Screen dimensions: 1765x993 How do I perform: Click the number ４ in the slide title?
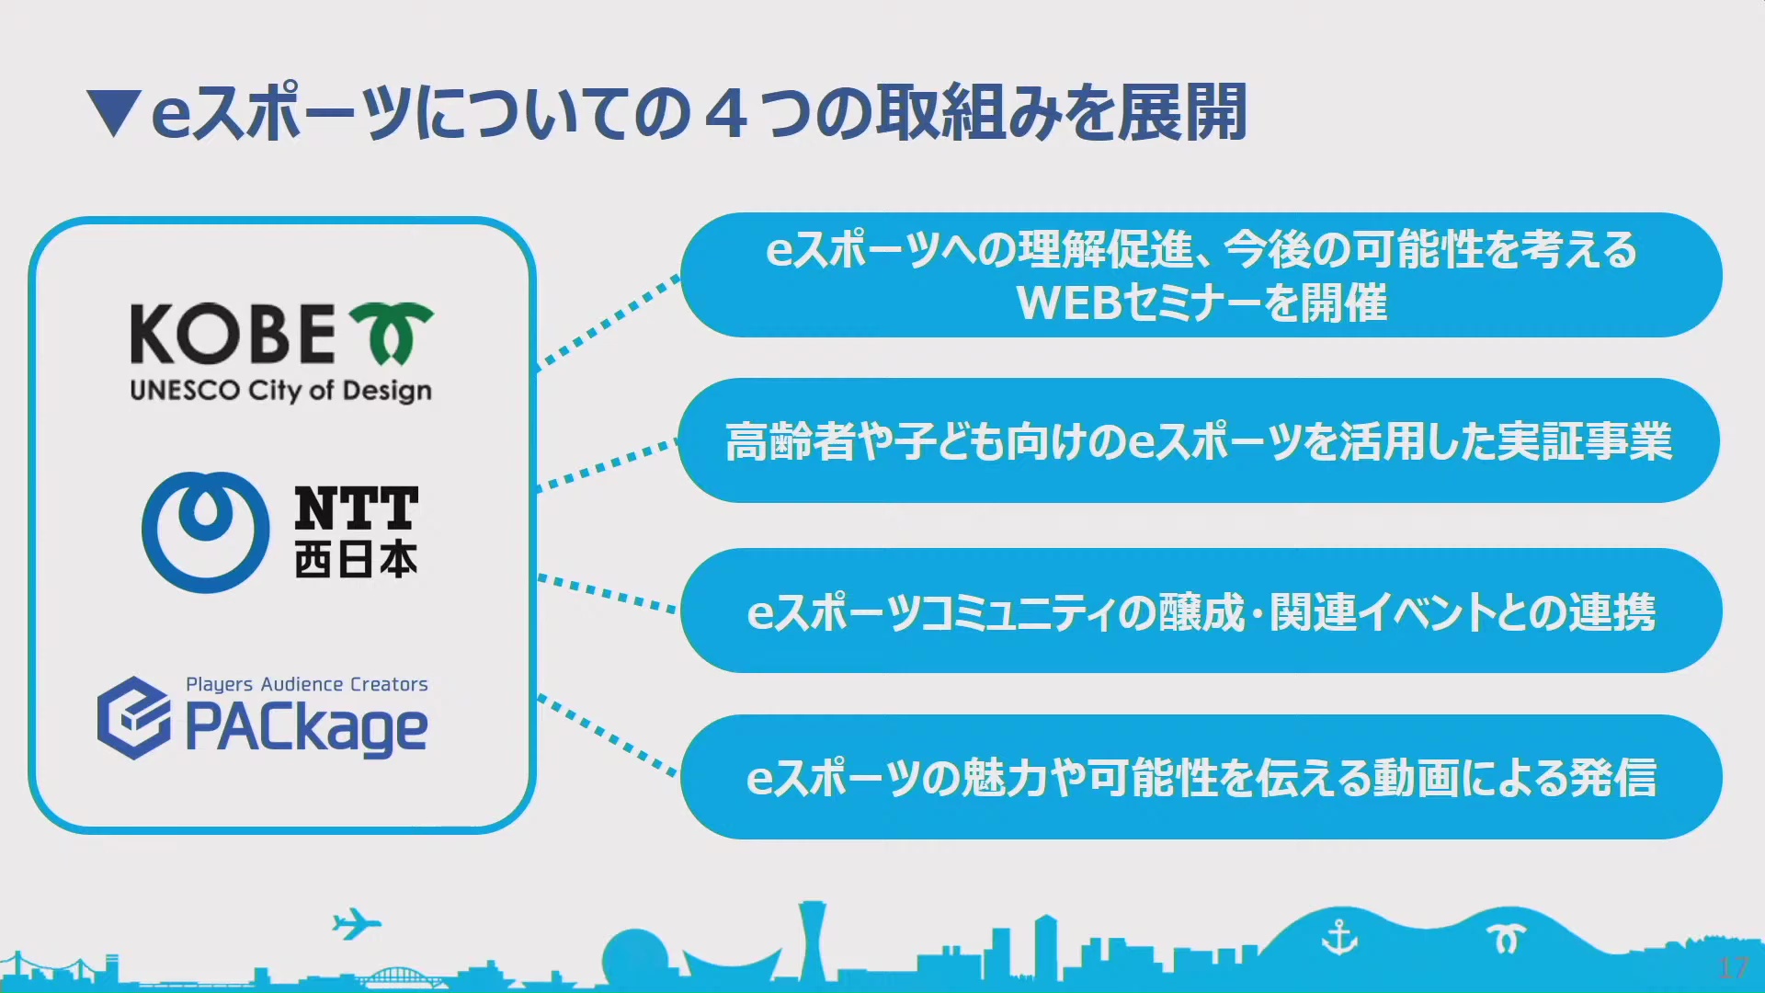727,113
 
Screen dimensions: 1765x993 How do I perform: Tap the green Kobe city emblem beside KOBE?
392,333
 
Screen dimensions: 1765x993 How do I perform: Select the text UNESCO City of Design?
280,391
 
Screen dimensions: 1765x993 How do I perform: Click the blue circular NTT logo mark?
205,531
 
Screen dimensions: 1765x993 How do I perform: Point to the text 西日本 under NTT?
356,558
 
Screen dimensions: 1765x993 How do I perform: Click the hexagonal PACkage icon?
134,718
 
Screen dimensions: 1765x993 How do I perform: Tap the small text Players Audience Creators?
307,684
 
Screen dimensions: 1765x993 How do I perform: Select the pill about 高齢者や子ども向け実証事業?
1199,440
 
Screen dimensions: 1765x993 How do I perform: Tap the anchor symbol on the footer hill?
1339,938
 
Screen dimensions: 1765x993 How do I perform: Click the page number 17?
1733,967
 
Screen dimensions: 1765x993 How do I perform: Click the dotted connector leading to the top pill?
609,323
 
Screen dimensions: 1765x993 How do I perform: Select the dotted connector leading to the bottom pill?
609,736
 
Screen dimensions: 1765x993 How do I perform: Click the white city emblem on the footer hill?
1507,939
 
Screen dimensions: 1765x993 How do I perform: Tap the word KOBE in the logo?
233,334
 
